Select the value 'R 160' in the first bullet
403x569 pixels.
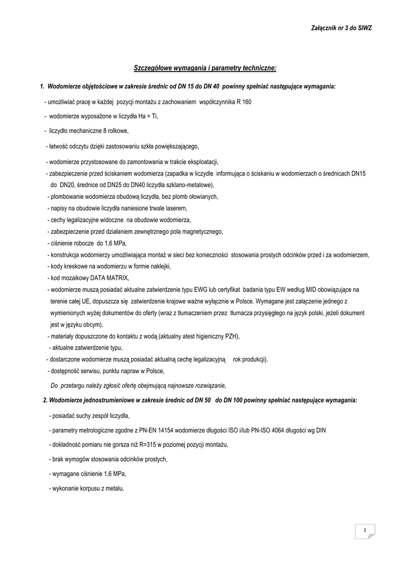244,103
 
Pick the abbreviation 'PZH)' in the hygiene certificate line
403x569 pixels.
236,336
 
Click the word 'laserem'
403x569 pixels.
175,208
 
